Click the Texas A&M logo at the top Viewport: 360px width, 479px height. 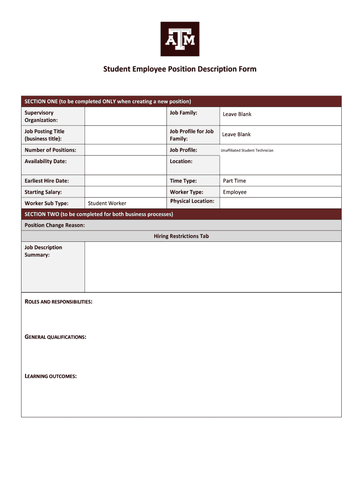coord(180,39)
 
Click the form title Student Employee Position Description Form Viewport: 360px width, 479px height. coord(180,69)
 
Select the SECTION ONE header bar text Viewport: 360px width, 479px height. coord(108,102)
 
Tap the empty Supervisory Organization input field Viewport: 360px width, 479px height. coord(126,116)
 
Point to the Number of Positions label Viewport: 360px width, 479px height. coord(50,150)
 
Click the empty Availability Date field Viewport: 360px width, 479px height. coord(126,165)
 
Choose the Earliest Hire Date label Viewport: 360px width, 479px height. coord(46,181)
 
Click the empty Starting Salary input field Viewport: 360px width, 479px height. coord(126,192)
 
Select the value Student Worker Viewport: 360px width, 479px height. coord(107,203)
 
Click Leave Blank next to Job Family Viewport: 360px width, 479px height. coord(237,114)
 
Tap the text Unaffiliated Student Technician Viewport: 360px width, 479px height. coord(247,151)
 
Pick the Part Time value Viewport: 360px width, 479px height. coord(234,181)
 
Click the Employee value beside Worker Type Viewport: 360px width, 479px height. coord(235,192)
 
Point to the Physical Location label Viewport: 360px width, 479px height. coord(192,201)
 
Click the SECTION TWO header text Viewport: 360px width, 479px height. coord(99,214)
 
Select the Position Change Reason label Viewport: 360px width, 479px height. coord(55,225)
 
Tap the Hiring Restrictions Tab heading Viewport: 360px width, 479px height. coord(181,236)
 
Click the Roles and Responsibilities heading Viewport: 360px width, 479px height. coord(58,302)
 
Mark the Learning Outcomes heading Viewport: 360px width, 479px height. coord(50,377)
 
